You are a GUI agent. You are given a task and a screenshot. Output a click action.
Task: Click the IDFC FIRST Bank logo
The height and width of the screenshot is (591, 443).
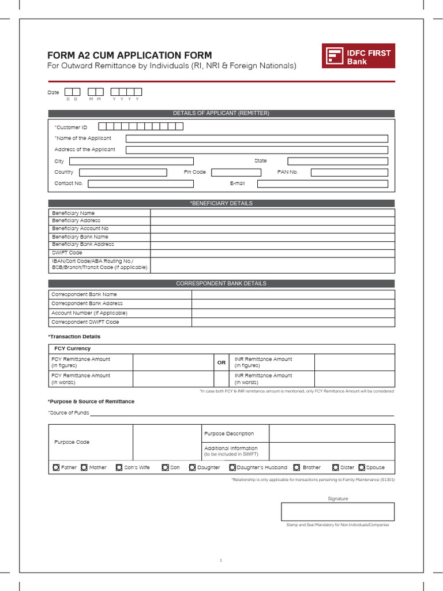pos(358,56)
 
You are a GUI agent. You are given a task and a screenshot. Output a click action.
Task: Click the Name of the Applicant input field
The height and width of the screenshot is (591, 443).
pos(257,139)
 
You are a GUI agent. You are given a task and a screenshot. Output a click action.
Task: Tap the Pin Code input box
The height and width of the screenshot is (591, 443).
pos(236,172)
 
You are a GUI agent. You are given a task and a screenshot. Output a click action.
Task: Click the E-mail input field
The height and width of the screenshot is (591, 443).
pos(322,184)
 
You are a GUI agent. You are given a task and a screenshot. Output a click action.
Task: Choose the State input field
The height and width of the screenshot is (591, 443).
pos(337,161)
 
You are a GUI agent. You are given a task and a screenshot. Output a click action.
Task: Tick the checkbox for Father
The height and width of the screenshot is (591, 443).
pos(55,467)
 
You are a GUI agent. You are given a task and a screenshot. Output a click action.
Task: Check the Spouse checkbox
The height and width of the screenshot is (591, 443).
pos(362,467)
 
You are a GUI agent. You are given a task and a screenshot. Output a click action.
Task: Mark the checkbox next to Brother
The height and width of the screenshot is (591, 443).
pos(297,467)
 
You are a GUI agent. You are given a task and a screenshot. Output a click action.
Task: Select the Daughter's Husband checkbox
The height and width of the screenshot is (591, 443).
pos(232,467)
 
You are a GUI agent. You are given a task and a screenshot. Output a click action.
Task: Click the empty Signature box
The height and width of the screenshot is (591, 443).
pos(337,511)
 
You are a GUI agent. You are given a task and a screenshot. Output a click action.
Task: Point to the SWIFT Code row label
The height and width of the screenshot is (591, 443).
pos(67,253)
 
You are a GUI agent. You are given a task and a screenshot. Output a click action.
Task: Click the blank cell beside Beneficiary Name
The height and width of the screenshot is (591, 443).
pos(272,213)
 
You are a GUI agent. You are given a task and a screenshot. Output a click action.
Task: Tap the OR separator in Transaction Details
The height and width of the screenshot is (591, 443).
pos(221,362)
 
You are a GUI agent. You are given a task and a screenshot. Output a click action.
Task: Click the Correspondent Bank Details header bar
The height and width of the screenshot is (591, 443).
pos(221,283)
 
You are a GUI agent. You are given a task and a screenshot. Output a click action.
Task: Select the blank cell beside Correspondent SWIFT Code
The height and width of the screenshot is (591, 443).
pos(293,322)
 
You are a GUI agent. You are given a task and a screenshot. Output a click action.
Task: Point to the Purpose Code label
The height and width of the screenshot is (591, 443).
pos(72,442)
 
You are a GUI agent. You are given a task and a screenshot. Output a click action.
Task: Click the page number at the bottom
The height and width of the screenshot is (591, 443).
pos(221,560)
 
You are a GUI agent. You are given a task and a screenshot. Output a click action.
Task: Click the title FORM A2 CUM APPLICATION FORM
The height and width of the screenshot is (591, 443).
pos(129,55)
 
